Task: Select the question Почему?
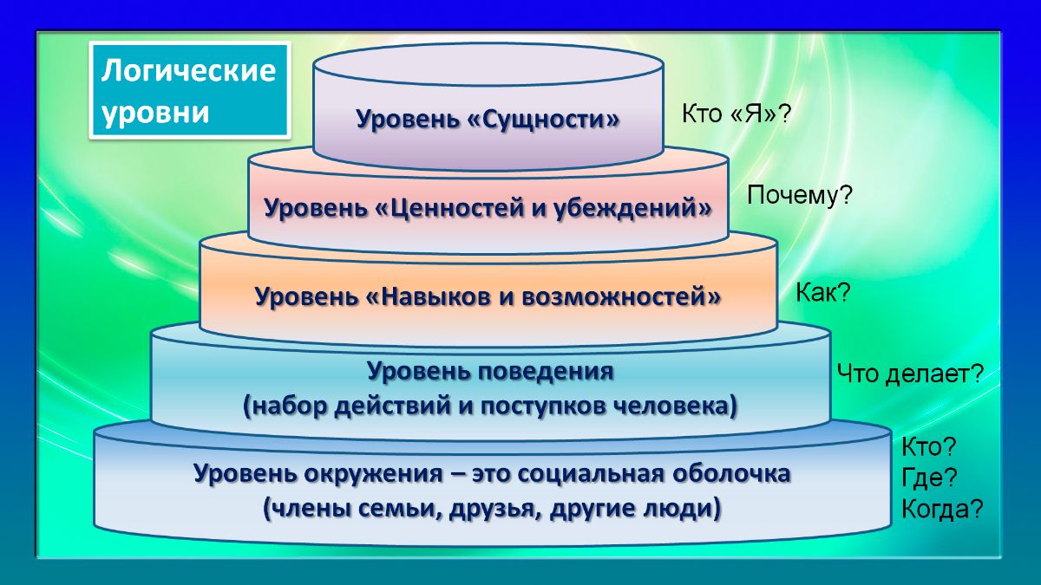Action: tap(800, 196)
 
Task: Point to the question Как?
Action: tap(822, 293)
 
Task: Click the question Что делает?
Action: tap(909, 374)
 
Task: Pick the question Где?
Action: tap(929, 478)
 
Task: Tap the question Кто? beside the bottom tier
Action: tap(928, 446)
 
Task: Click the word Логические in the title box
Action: tap(189, 71)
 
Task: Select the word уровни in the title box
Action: tap(156, 113)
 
